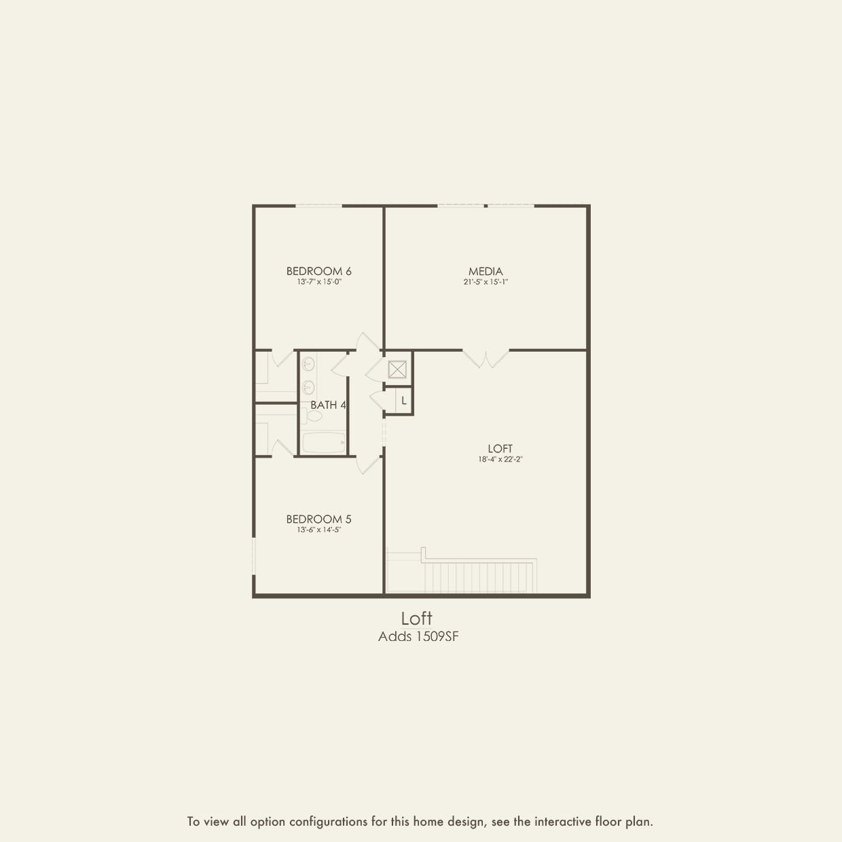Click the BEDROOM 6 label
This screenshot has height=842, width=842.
click(318, 271)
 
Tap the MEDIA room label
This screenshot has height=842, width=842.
click(486, 271)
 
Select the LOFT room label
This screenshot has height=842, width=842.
click(500, 448)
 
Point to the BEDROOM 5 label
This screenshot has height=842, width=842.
click(318, 519)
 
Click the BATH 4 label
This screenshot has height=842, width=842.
click(328, 405)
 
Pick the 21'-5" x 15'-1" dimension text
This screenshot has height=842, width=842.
click(486, 282)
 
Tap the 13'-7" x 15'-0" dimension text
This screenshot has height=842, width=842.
click(318, 282)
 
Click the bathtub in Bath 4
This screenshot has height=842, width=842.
click(324, 443)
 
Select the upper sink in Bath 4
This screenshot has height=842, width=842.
click(308, 365)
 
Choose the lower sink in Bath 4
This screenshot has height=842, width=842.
click(308, 388)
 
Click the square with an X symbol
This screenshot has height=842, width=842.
click(397, 369)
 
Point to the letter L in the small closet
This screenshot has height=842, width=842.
click(404, 401)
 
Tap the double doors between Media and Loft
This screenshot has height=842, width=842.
click(486, 358)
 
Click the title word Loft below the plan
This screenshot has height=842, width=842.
click(416, 619)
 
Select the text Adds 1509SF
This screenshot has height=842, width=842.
click(418, 637)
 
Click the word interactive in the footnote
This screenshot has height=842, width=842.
click(563, 822)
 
